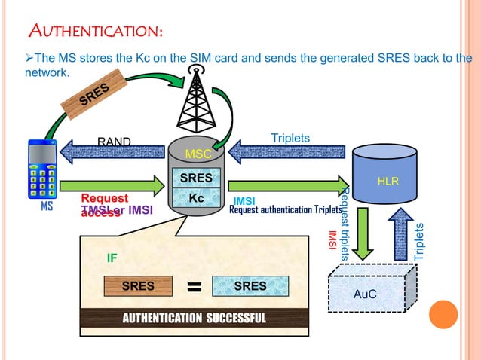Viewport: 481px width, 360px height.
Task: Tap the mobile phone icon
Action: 42,169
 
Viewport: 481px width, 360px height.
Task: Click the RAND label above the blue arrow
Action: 114,142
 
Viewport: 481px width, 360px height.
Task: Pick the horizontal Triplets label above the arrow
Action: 291,138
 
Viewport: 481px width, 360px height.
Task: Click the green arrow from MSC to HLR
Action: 286,185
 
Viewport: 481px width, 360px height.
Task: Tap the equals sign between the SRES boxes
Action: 194,287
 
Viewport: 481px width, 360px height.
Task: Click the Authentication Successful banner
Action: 195,318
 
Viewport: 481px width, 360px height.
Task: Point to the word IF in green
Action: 112,258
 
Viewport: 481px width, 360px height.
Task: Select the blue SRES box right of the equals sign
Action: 250,286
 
